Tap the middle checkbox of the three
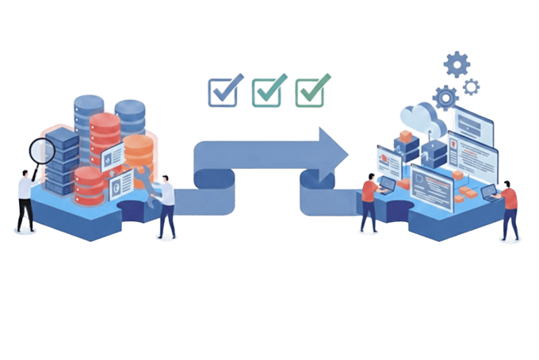tap(266, 91)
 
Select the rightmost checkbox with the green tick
tap(309, 91)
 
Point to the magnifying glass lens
tap(41, 150)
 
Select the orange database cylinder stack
tap(139, 155)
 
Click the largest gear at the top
tap(457, 63)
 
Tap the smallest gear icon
tap(472, 86)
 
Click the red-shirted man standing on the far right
tap(510, 210)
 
